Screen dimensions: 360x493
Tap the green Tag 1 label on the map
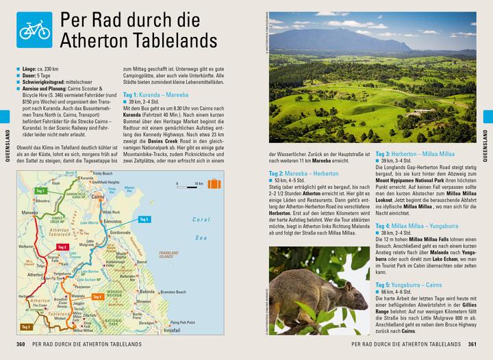(x=40, y=191)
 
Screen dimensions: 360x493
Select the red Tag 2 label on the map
(x=62, y=246)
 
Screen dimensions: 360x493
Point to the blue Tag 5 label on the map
(x=142, y=219)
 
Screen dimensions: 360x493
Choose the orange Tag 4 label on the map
(x=97, y=296)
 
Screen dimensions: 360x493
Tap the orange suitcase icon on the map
(x=215, y=184)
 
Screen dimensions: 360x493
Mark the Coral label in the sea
(x=201, y=220)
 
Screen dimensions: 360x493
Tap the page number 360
(x=21, y=343)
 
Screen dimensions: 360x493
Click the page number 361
(x=472, y=343)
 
